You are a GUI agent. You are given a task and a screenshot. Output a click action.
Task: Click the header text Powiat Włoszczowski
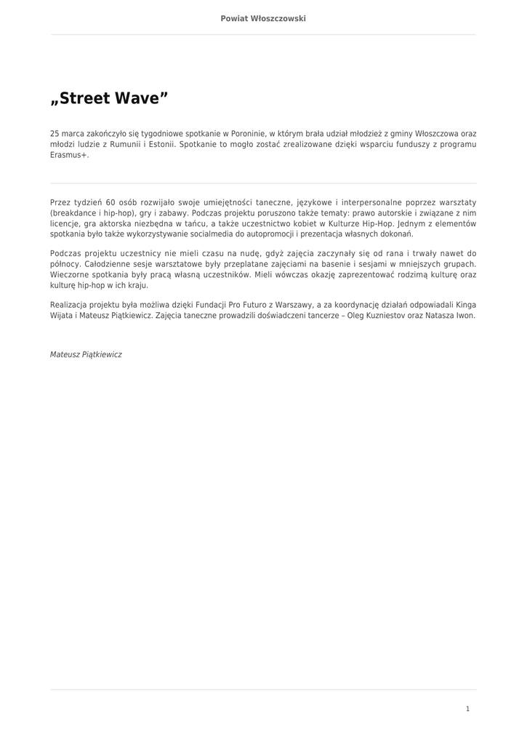coord(263,18)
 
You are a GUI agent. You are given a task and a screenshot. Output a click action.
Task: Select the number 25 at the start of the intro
coord(55,134)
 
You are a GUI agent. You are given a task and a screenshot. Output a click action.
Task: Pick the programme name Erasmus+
coord(69,155)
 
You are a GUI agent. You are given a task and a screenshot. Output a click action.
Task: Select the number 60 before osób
coord(110,202)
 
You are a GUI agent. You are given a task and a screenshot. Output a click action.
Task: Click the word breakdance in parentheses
coord(73,213)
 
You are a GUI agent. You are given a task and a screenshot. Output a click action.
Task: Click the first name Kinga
coord(466,305)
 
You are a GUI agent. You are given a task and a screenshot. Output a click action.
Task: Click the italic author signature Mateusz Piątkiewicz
coord(86,354)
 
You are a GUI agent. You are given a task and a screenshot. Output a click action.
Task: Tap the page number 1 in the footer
coord(467,709)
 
